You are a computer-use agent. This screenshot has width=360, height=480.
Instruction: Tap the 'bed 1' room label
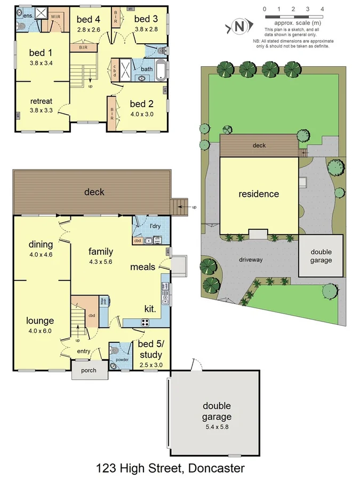pos(41,52)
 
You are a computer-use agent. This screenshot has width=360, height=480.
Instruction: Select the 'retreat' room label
pos(41,101)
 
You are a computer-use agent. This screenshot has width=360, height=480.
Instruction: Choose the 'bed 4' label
pos(89,20)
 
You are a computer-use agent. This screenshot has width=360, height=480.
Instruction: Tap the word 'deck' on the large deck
pos(94,192)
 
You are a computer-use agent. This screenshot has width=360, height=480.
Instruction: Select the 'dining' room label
pos(41,244)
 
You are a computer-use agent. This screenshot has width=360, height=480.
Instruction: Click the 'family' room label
pos(100,251)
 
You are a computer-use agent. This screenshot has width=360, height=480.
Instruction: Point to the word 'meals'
pos(142,267)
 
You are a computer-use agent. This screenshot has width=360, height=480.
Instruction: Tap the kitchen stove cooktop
pos(145,322)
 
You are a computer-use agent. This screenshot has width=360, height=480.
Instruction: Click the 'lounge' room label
pos(41,321)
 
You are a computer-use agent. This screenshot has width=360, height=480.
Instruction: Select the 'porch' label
pos(89,370)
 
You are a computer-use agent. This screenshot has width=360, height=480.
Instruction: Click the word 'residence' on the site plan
pos(259,194)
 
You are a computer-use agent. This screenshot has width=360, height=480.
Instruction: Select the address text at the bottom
pos(171,468)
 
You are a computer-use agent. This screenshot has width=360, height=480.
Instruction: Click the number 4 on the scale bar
pos(322,9)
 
